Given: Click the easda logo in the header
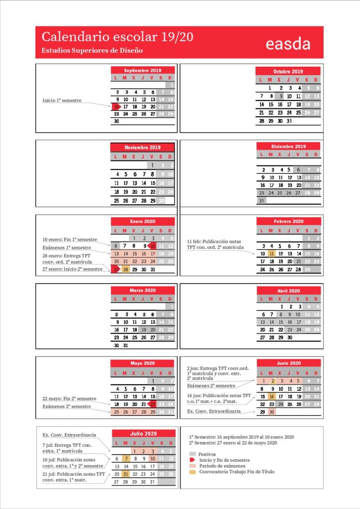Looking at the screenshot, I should tap(288, 43).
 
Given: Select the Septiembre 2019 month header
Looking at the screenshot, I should tap(143, 70).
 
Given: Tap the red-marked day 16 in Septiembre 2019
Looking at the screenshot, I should tap(116, 106).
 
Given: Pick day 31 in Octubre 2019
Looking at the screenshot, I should tap(289, 121).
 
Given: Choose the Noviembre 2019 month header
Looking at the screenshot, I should tap(142, 147).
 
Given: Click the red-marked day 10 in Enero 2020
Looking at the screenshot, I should tap(153, 246).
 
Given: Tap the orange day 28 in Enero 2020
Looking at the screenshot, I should tap(126, 269).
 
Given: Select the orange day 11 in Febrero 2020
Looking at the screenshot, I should tap(271, 254).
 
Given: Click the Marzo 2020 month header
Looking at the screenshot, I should tap(143, 290).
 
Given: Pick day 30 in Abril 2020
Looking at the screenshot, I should tap(289, 337).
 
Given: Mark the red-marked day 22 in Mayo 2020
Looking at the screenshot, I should tap(153, 404).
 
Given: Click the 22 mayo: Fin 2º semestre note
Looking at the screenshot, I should tap(70, 398).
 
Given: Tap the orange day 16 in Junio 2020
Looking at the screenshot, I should tap(271, 396).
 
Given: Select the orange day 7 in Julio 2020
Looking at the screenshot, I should tap(126, 458).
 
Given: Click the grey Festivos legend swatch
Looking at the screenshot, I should tap(192, 454).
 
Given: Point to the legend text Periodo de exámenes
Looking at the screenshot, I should tap(221, 466).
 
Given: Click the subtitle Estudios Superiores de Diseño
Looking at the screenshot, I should tap(92, 50).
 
